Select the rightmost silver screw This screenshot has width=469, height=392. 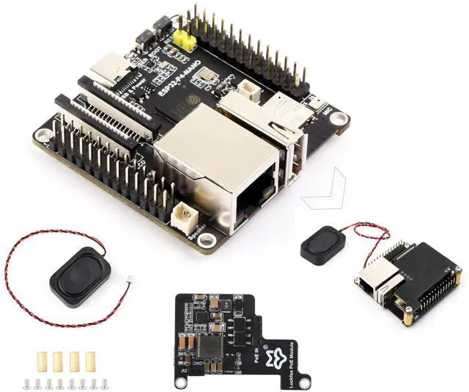(104, 382)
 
